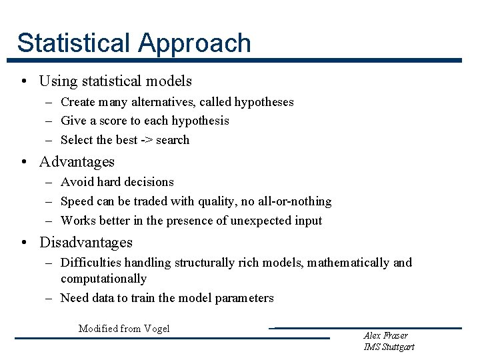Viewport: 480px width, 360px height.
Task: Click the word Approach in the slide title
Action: tap(195, 43)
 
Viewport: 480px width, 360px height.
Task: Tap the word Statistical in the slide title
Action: tap(75, 43)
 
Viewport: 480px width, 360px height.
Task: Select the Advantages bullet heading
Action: tap(77, 162)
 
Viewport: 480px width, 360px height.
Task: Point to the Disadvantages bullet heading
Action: tap(86, 243)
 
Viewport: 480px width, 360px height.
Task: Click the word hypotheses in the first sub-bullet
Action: tap(264, 102)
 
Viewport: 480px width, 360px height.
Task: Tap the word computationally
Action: tap(103, 279)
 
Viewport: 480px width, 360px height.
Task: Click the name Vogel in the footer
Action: tap(156, 328)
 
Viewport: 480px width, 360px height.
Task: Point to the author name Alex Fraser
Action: tap(386, 335)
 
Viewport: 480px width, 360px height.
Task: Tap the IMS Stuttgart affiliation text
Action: tap(389, 347)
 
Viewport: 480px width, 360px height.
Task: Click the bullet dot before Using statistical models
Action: tap(23, 82)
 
